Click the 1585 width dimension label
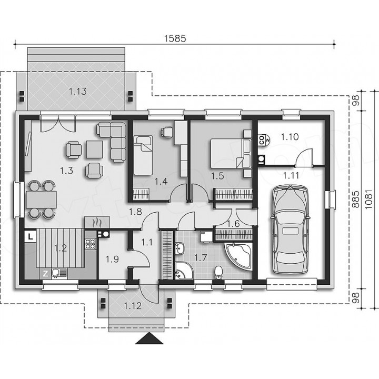coord(175,38)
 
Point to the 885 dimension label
coord(355,200)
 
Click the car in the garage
coord(290,230)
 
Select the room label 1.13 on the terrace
coord(78,92)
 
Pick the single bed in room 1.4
coord(143,155)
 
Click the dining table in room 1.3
coord(42,200)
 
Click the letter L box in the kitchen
coord(30,236)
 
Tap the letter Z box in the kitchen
coord(45,274)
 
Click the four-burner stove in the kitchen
coord(91,243)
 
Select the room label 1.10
coord(290,137)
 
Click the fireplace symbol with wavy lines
coord(97,222)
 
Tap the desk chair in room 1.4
coord(166,133)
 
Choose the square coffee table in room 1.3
coord(94,149)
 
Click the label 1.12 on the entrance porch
coord(133,306)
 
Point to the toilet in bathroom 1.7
coord(218,273)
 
